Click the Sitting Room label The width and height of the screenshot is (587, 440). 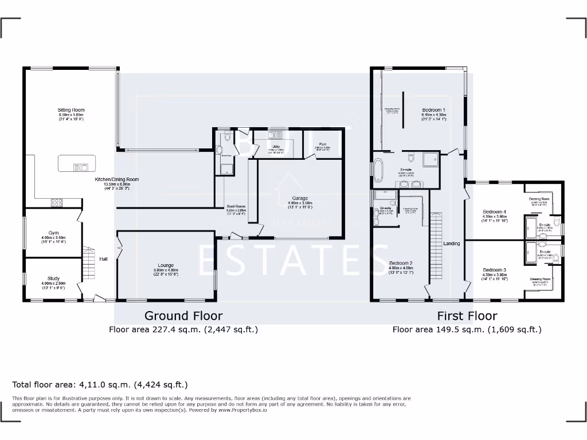click(71, 110)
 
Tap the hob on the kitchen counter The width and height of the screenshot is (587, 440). click(58, 202)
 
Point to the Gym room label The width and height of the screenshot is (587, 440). click(53, 233)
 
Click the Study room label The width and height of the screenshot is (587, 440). click(53, 278)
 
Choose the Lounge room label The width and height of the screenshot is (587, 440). click(166, 265)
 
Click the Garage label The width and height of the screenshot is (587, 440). click(300, 198)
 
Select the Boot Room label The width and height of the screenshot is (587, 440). click(236, 206)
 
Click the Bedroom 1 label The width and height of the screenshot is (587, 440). click(434, 110)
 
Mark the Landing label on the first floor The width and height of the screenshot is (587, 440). click(452, 243)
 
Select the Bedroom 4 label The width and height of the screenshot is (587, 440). click(494, 211)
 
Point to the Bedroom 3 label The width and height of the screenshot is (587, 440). click(494, 270)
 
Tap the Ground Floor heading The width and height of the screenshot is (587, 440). click(183, 316)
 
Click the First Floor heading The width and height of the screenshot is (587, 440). click(467, 316)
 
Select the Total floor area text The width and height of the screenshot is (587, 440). click(100, 384)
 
